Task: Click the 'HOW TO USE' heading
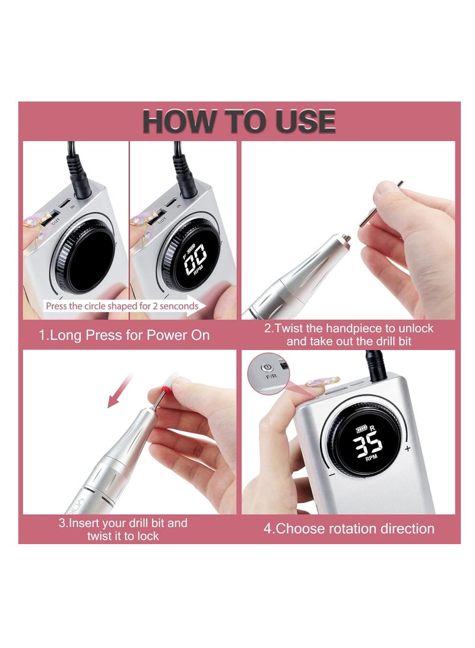pyautogui.click(x=239, y=121)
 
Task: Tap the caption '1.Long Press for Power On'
pyautogui.click(x=124, y=335)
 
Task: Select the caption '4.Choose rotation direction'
pyautogui.click(x=349, y=529)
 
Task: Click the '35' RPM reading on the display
pyautogui.click(x=367, y=444)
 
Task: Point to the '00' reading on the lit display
pyautogui.click(x=195, y=259)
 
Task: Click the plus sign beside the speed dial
pyautogui.click(x=408, y=448)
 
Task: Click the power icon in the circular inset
pyautogui.click(x=267, y=367)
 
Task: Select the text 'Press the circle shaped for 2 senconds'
pyautogui.click(x=122, y=306)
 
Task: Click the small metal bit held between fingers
pyautogui.click(x=380, y=203)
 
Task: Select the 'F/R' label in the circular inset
pyautogui.click(x=271, y=377)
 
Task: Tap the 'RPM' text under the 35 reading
pyautogui.click(x=372, y=457)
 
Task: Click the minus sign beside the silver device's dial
pyautogui.click(x=332, y=475)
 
